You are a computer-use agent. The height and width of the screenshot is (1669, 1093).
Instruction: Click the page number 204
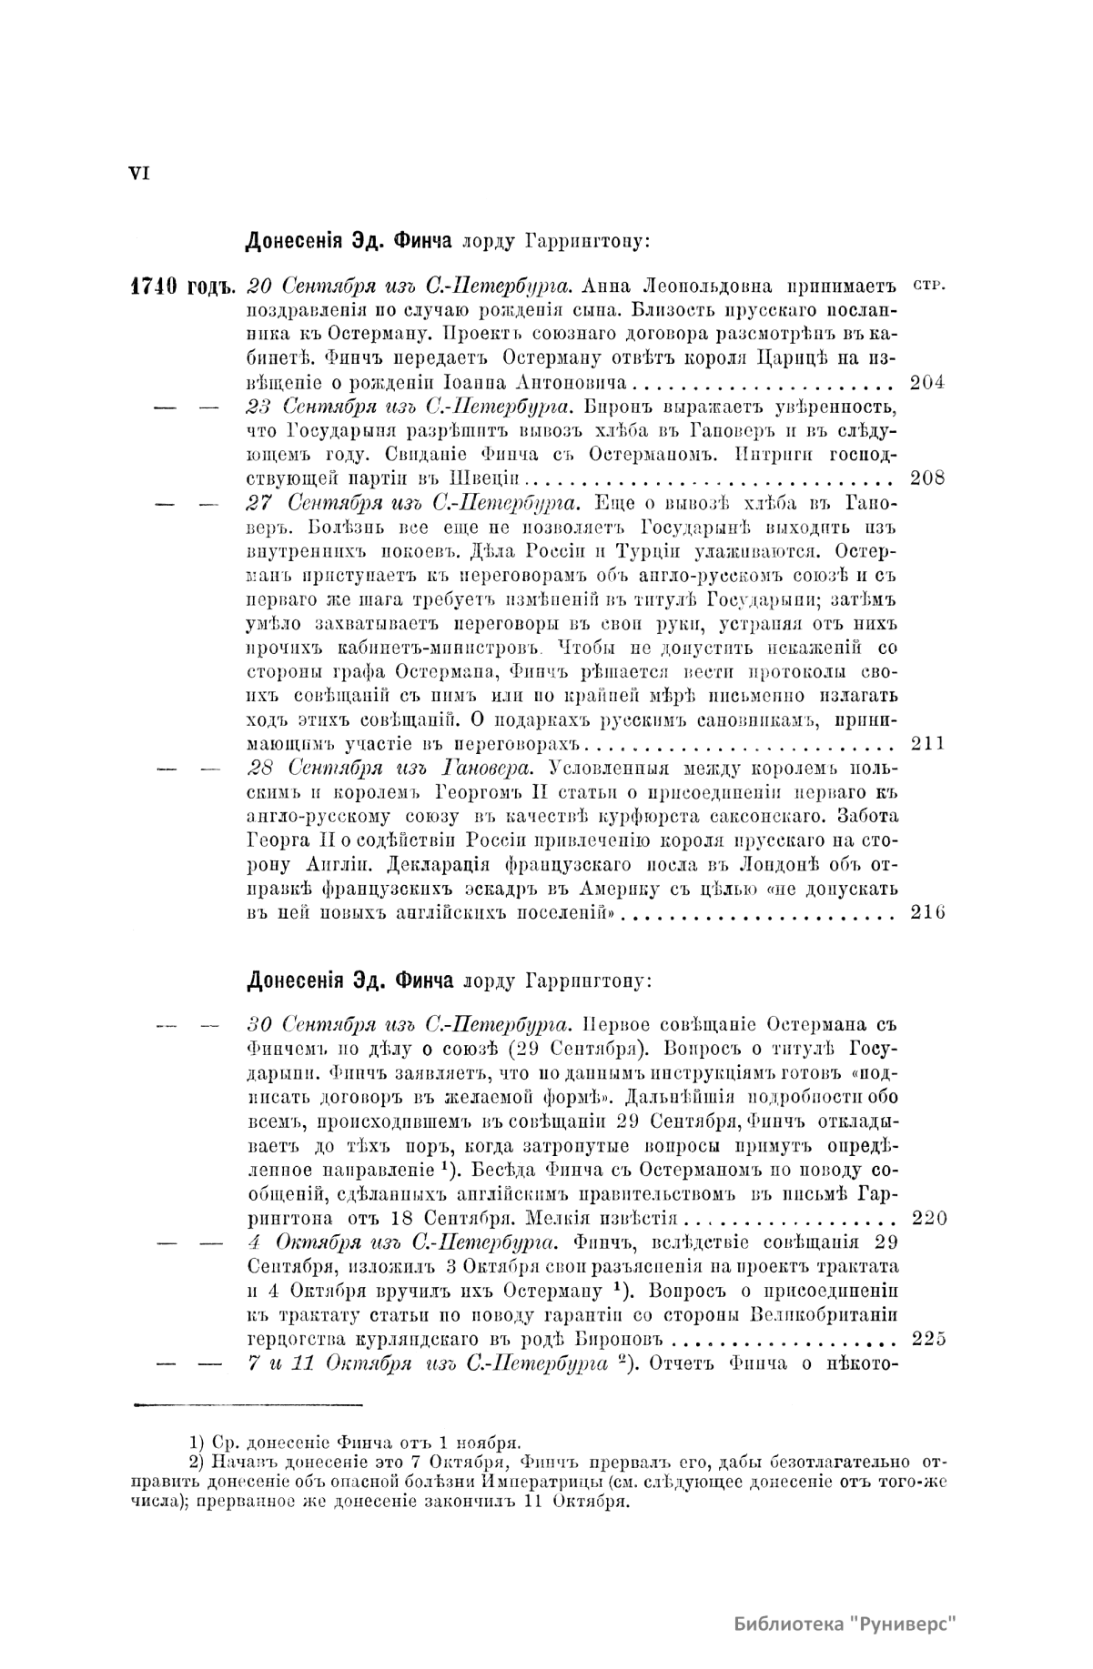[926, 382]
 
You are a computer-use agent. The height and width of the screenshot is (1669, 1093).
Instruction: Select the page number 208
[926, 478]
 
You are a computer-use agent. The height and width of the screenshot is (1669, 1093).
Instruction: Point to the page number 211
[926, 743]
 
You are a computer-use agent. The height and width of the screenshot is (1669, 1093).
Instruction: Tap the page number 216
[926, 912]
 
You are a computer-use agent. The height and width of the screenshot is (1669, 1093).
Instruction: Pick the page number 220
[927, 1219]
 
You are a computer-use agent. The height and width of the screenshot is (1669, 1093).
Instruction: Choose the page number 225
[927, 1338]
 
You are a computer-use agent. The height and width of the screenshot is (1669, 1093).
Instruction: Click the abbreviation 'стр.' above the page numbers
[927, 286]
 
